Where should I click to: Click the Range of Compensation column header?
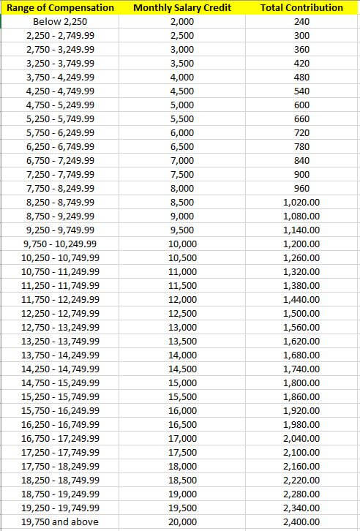coord(60,7)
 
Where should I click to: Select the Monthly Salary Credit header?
coord(182,7)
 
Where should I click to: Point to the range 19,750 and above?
coord(60,522)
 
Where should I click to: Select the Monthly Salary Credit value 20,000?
coord(182,522)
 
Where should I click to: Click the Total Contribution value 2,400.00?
coord(301,522)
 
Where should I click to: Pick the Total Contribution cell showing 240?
coord(301,21)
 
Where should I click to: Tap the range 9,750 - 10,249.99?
coord(60,244)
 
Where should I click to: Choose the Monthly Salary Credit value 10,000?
coord(182,244)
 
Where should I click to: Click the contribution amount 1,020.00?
coord(301,202)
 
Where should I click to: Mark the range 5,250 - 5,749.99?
coord(60,118)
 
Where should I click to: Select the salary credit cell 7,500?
coord(182,174)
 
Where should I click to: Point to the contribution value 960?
coord(301,188)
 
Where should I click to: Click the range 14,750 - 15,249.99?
coord(60,383)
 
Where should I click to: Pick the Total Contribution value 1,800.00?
coord(301,383)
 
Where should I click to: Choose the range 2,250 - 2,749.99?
coord(60,35)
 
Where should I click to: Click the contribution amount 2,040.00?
coord(301,438)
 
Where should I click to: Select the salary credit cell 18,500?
coord(182,480)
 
